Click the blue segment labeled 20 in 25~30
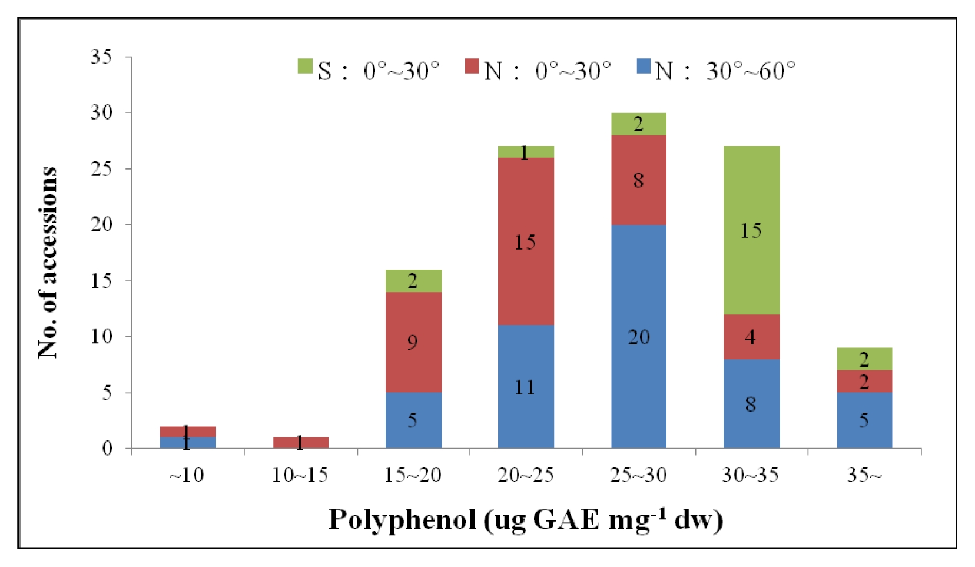tap(639, 336)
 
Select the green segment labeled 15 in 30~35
tap(751, 230)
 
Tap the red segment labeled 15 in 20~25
tap(526, 241)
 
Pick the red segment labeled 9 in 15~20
tap(413, 342)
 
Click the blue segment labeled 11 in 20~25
tap(526, 386)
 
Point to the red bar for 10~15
tap(301, 443)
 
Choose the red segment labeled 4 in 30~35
tap(751, 337)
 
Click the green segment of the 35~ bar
tap(864, 359)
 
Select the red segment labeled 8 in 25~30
tap(639, 180)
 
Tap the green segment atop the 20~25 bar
tap(526, 152)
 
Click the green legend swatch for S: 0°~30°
tap(305, 66)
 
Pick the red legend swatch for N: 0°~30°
tap(472, 66)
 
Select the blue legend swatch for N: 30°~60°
tap(644, 66)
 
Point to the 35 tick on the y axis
tap(128, 57)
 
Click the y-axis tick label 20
tap(101, 224)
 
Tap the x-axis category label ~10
tap(187, 475)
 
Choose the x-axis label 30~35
tap(751, 475)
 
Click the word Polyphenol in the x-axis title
tap(402, 520)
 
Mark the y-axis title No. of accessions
tap(48, 263)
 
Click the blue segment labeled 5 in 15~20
tap(413, 420)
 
